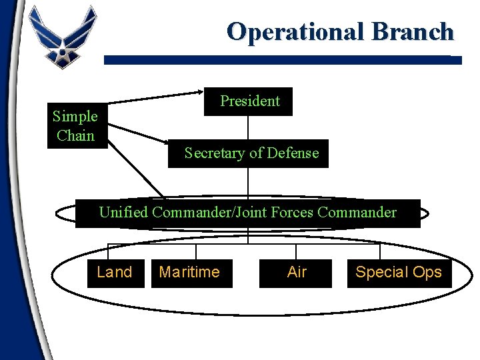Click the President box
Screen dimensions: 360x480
(249, 101)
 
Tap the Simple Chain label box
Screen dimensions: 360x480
(75, 126)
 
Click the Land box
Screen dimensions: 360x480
(115, 272)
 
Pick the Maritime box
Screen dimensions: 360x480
(189, 272)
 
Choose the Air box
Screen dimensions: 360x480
(296, 272)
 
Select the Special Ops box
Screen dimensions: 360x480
(399, 272)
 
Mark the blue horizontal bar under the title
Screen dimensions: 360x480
(283, 59)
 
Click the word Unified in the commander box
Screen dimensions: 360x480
(123, 213)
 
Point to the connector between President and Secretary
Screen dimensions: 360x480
(249, 127)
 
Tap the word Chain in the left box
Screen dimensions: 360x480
(75, 135)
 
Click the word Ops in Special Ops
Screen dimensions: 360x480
(427, 272)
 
